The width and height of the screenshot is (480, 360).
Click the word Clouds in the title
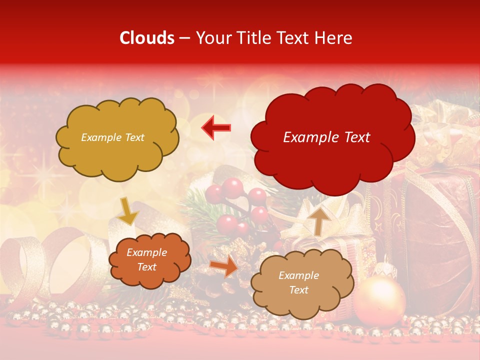(147, 38)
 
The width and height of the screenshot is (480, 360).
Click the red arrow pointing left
(216, 128)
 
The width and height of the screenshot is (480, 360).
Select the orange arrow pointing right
(223, 266)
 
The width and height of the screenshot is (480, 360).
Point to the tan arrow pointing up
(319, 220)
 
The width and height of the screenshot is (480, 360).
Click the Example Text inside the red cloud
(326, 137)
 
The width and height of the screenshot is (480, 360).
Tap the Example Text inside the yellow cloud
(112, 137)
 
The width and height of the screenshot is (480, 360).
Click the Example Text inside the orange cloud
(147, 260)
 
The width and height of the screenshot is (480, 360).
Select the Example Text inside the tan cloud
(298, 283)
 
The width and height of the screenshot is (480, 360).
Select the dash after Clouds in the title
(184, 38)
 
